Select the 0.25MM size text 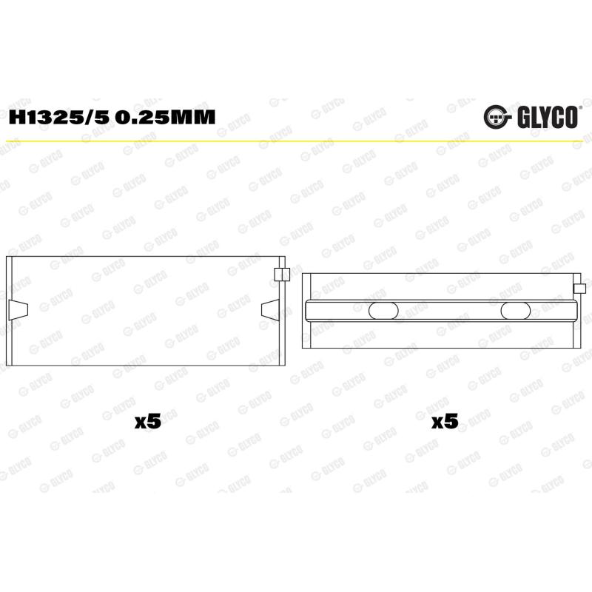[x=165, y=118]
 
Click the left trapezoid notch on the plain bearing [x=18, y=310]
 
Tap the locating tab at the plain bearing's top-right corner [x=282, y=275]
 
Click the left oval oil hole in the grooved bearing [x=383, y=311]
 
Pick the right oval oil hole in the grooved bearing [x=515, y=311]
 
